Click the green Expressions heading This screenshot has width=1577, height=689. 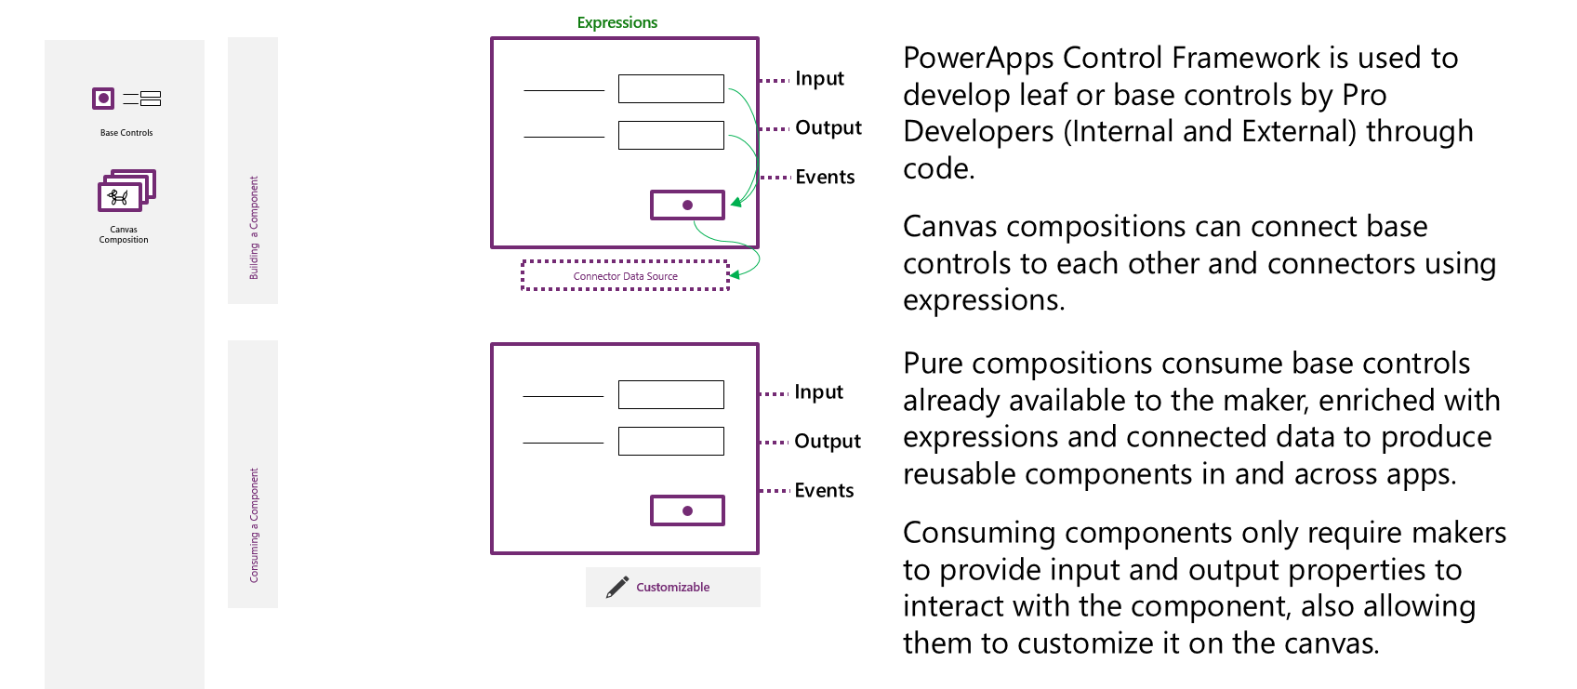pyautogui.click(x=616, y=22)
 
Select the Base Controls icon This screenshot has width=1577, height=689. pyautogui.click(x=126, y=99)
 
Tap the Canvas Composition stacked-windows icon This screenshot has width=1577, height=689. pyautogui.click(x=126, y=191)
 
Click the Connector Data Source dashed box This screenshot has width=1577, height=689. pyautogui.click(x=625, y=276)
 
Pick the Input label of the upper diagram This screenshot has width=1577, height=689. pyautogui.click(x=819, y=79)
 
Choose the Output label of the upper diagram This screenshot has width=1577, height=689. pyautogui.click(x=828, y=128)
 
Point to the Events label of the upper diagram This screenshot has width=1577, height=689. pyautogui.click(x=825, y=178)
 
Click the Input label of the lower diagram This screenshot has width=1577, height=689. pyautogui.click(x=818, y=392)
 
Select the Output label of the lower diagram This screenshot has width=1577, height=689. pyautogui.click(x=827, y=442)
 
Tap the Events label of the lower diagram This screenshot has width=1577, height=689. pyautogui.click(x=824, y=491)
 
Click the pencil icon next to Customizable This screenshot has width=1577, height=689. pyautogui.click(x=616, y=588)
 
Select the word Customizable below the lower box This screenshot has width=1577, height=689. pyautogui.click(x=672, y=588)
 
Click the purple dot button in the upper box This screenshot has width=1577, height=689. pyautogui.click(x=687, y=205)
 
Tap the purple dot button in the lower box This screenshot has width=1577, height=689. pyautogui.click(x=687, y=510)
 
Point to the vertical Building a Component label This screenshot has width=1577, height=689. pyautogui.click(x=253, y=228)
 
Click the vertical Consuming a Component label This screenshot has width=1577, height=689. pyautogui.click(x=253, y=525)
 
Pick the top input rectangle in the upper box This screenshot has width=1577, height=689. pyautogui.click(x=670, y=89)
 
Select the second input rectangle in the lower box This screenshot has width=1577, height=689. pyautogui.click(x=670, y=441)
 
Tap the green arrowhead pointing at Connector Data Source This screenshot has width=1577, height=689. pyautogui.click(x=735, y=274)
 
